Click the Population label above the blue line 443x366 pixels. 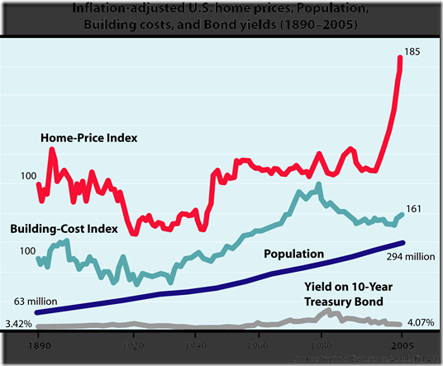pyautogui.click(x=293, y=254)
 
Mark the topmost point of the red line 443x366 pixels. pyautogui.click(x=401, y=57)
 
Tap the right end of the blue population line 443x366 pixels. pyautogui.click(x=403, y=243)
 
